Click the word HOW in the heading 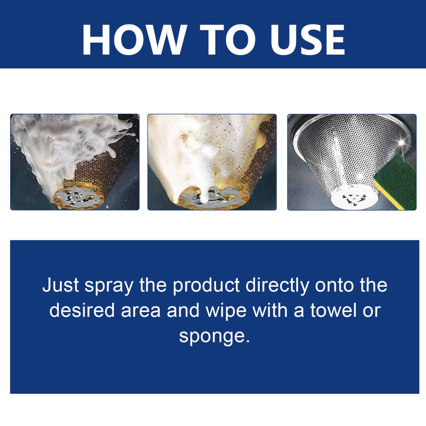tap(134, 40)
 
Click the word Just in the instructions tap(61, 285)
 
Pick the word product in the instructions tap(206, 286)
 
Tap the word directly tap(277, 286)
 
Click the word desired tap(82, 311)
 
